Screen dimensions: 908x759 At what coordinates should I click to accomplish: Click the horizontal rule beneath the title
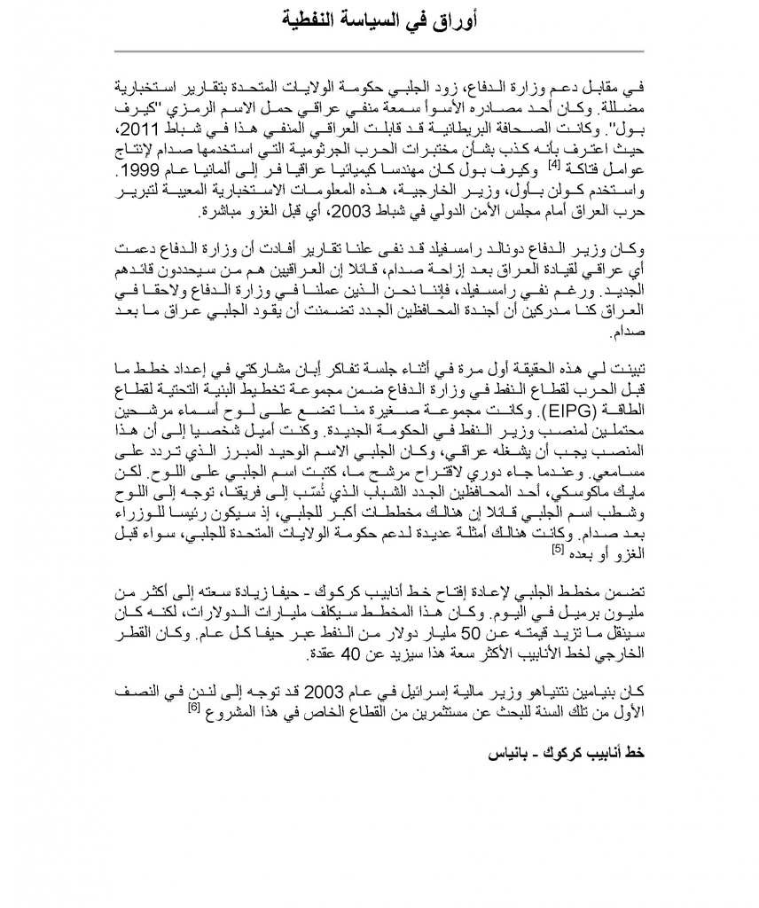379,51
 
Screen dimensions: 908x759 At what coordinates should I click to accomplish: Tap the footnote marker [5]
559,547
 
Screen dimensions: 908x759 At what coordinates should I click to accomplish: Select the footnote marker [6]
195,706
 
